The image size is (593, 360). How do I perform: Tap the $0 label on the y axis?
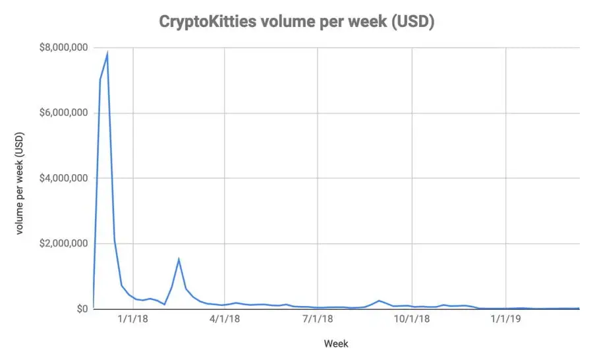click(x=82, y=309)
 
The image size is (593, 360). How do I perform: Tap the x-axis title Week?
click(x=336, y=344)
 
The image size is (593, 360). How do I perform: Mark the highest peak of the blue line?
click(x=107, y=53)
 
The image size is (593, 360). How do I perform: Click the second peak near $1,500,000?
click(x=179, y=259)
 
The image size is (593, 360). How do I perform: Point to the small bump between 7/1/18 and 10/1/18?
click(x=379, y=301)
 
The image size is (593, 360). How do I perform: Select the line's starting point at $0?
click(x=93, y=309)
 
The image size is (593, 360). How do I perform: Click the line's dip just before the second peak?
click(x=165, y=304)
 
